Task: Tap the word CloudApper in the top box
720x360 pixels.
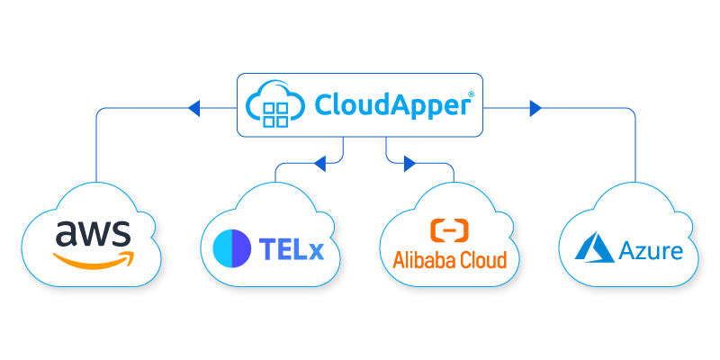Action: (392, 105)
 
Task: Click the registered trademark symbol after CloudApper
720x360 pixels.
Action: (472, 94)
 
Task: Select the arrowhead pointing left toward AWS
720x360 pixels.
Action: (193, 109)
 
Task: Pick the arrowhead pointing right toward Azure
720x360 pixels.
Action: (535, 109)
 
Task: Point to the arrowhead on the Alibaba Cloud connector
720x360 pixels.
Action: (410, 164)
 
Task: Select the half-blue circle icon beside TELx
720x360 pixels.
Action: (232, 248)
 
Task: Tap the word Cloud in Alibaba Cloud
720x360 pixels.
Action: (481, 260)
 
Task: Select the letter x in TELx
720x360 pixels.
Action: (314, 250)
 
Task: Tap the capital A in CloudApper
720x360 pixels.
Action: (388, 105)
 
